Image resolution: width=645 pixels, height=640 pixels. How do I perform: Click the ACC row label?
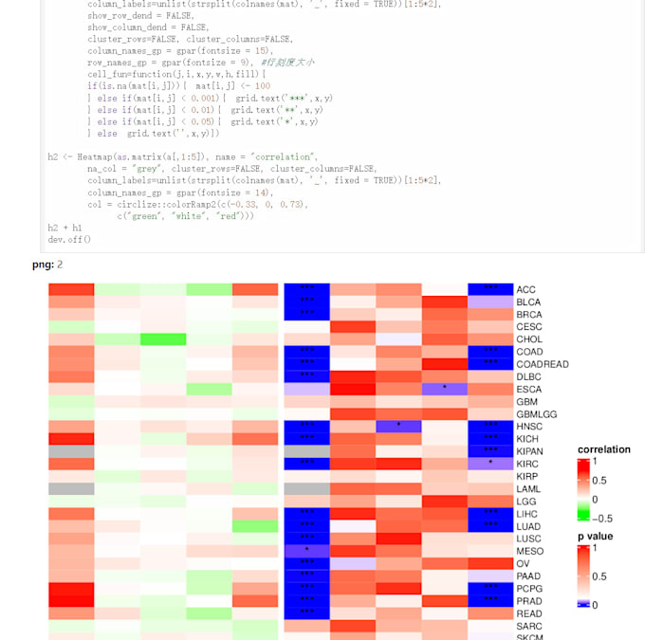[x=526, y=289]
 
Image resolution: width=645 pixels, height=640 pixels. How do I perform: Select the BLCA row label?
[x=529, y=302]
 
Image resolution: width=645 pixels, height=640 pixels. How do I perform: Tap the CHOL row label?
[x=529, y=339]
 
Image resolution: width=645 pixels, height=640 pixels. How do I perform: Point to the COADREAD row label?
[x=543, y=364]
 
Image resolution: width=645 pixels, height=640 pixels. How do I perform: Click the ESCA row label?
[x=529, y=389]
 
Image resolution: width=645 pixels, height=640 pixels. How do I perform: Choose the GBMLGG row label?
[x=536, y=414]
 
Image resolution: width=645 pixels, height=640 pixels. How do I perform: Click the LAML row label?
[x=529, y=489]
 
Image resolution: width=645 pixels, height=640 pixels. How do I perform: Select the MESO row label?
[x=530, y=551]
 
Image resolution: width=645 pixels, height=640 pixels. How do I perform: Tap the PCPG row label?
[x=530, y=589]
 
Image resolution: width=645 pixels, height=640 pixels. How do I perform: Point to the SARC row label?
[x=529, y=626]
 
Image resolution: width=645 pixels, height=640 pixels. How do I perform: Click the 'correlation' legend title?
[x=604, y=449]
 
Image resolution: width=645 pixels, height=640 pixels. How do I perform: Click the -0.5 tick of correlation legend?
[x=601, y=518]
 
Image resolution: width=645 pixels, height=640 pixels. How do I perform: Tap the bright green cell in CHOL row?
[x=163, y=339]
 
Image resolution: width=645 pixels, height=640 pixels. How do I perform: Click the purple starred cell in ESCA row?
[x=444, y=389]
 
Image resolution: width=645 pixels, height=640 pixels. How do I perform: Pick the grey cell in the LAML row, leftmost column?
[x=71, y=489]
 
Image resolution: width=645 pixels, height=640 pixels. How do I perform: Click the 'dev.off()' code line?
[x=69, y=239]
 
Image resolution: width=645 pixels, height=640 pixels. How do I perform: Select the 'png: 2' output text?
[x=47, y=265]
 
